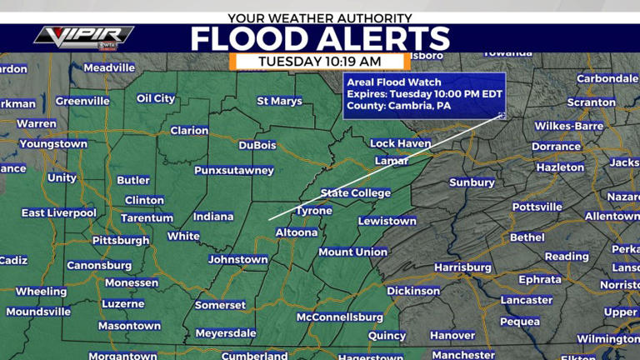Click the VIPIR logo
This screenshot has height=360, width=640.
coord(83,36)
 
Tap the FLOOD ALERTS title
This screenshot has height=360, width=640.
coord(320,38)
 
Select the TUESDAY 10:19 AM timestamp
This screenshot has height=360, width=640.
coord(320,61)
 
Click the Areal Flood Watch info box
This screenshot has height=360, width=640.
coord(423,95)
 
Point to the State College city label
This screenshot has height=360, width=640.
coord(356,192)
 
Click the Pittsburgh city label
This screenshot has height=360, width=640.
coord(121,240)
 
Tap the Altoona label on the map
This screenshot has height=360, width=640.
coord(296,232)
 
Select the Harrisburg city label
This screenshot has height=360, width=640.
coord(462,267)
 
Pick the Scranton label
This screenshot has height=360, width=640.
coord(591,102)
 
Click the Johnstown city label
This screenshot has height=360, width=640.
coord(238,259)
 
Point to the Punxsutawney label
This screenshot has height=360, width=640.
coord(234,170)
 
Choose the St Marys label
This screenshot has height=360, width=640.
coord(280,101)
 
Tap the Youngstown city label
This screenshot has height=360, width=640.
coord(53,143)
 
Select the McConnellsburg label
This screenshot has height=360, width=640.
coord(340,317)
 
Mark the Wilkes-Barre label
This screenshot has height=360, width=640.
coord(569,126)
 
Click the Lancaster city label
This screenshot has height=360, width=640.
coord(527,299)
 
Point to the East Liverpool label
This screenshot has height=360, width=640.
coord(59,212)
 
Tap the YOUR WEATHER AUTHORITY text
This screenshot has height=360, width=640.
coord(320,17)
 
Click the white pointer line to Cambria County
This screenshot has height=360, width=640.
coord(383,167)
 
